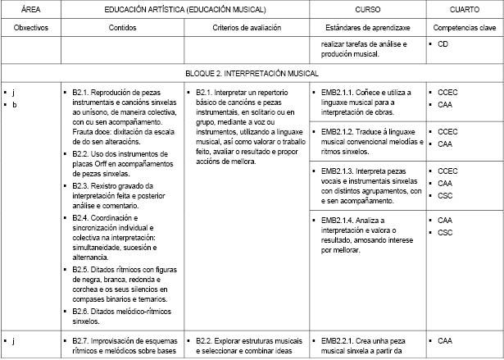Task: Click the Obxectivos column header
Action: tap(31, 27)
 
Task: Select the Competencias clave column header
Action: tap(464, 27)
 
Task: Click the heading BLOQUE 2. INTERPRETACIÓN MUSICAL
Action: tap(251, 72)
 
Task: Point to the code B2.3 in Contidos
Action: tap(81, 185)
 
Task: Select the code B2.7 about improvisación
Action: tap(81, 340)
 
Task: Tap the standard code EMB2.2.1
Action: tap(338, 340)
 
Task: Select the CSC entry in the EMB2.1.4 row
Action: tap(445, 233)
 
